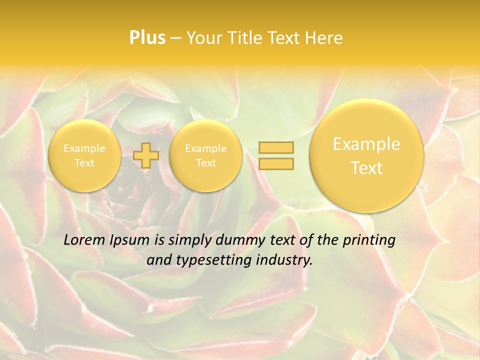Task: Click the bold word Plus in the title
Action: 147,38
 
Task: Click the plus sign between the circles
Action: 146,155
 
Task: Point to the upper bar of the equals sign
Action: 276,147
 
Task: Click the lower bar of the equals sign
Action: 276,163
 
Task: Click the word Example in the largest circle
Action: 366,144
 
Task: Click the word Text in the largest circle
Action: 366,168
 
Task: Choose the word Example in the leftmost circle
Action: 84,148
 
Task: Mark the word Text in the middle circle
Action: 205,163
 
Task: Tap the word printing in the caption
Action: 370,240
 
